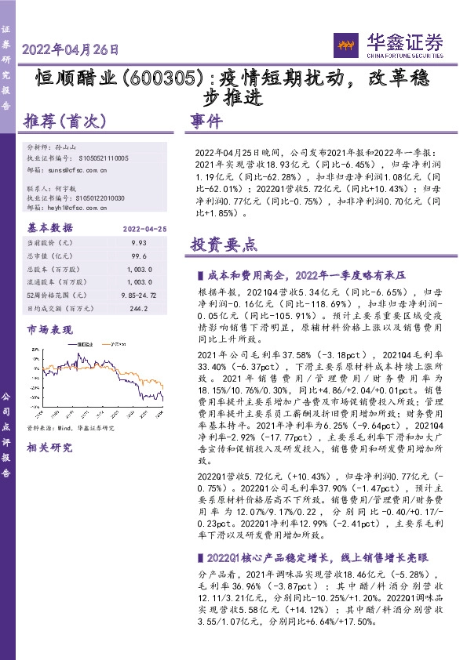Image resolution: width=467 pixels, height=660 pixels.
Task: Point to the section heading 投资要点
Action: click(224, 245)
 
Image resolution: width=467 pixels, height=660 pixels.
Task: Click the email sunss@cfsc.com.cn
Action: click(86, 169)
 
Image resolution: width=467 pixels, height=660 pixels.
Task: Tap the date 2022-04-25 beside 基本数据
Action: click(143, 228)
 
